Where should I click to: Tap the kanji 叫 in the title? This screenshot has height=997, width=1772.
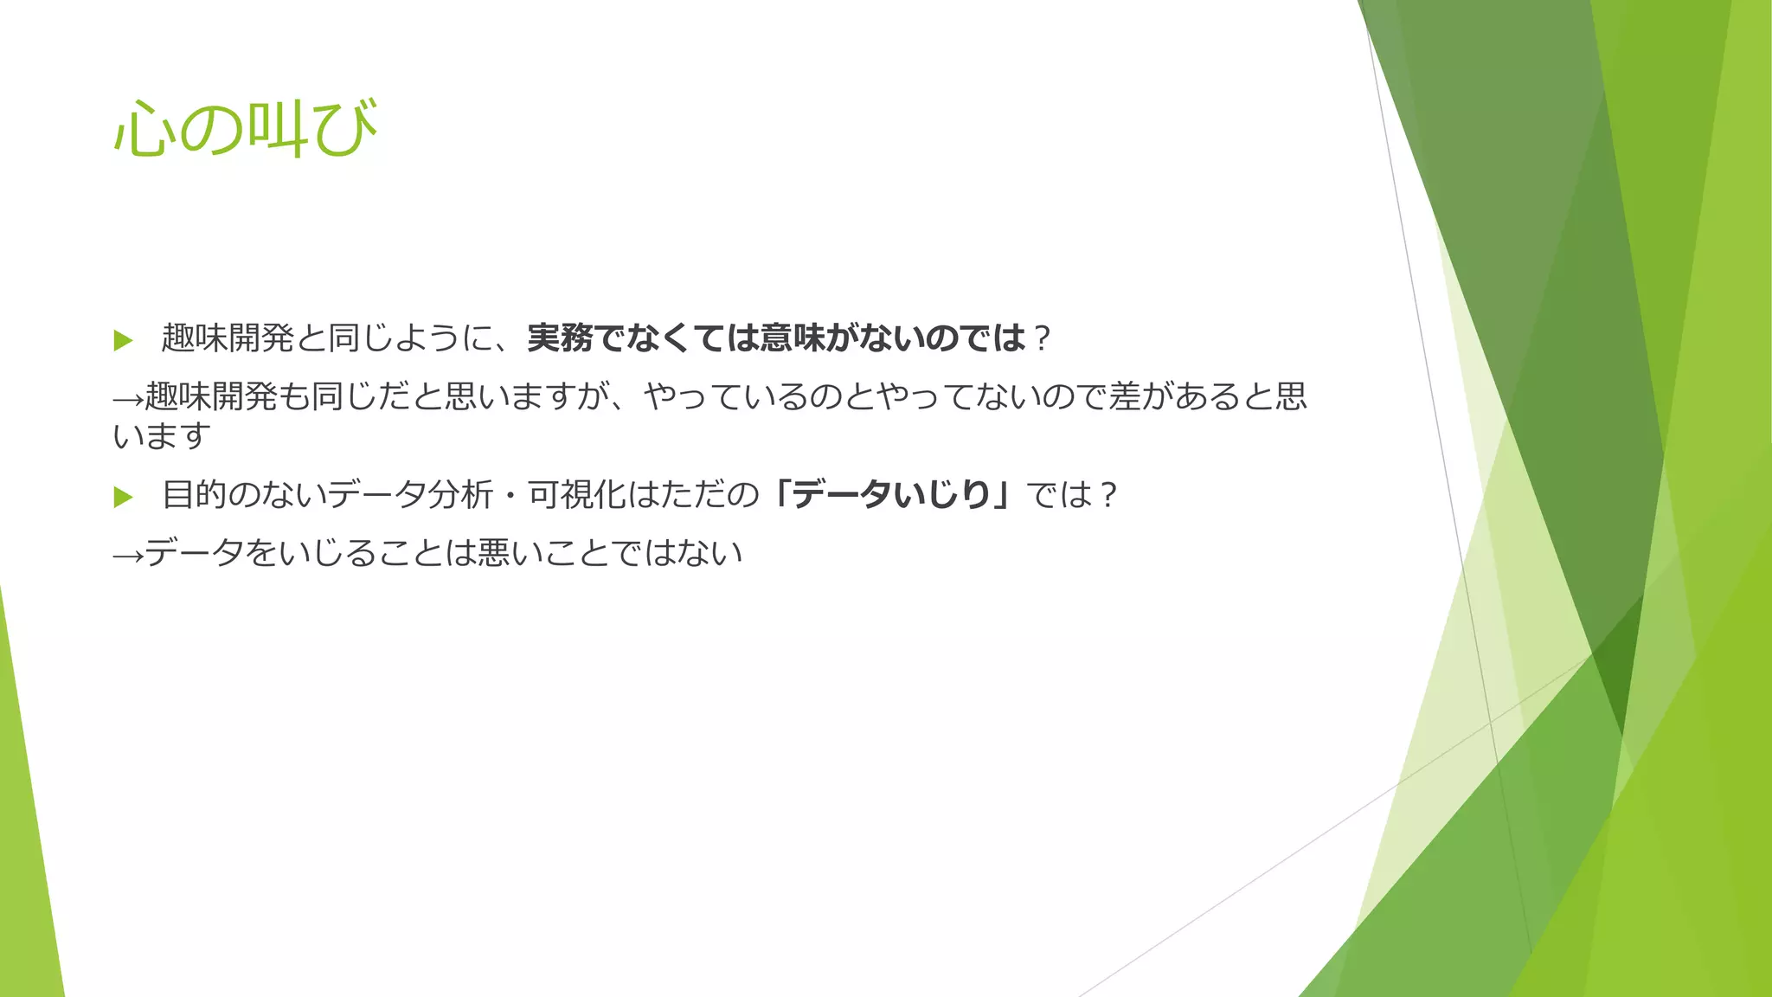point(277,130)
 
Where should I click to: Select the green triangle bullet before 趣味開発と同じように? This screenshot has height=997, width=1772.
point(123,340)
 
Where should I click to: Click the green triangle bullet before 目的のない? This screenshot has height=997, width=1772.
point(123,497)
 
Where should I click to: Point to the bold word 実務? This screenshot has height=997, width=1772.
point(560,338)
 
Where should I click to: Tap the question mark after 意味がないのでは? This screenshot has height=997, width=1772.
point(1041,338)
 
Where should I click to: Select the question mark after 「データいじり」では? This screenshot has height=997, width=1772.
point(1108,496)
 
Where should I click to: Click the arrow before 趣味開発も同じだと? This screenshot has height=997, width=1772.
point(128,398)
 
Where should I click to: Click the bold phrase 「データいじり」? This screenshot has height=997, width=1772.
point(892,495)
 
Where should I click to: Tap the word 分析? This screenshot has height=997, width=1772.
point(459,495)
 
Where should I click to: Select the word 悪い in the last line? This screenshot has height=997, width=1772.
point(510,553)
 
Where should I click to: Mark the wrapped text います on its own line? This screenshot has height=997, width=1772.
point(162,435)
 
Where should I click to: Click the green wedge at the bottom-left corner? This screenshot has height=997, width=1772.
point(26,865)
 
